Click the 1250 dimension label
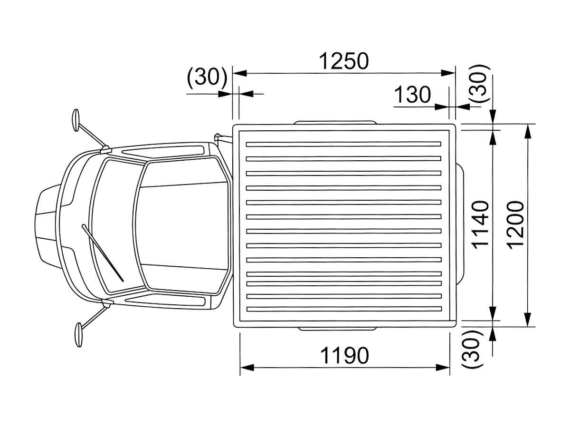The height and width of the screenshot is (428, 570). tap(343, 61)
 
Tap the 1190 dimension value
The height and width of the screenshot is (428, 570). tap(344, 356)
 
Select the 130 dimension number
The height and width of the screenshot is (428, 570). tap(412, 95)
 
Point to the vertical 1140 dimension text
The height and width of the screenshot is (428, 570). tap(480, 225)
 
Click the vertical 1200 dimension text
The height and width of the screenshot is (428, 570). tap(516, 225)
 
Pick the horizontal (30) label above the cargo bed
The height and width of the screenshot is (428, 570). tap(207, 77)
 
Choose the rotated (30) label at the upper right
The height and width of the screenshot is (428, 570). tap(479, 84)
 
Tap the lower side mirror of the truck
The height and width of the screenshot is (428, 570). tap(78, 335)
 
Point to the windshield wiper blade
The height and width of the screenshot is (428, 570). tap(103, 253)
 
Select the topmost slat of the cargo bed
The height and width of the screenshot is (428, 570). tap(343, 144)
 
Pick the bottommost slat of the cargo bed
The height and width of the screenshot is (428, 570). tap(344, 309)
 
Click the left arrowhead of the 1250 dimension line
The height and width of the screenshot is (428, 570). tap(239, 73)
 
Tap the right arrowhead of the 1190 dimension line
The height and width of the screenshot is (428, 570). tap(443, 368)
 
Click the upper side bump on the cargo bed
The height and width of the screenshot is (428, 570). tap(336, 122)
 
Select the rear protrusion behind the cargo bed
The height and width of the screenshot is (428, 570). tap(460, 224)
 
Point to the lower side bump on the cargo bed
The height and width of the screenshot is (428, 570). tap(337, 329)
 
